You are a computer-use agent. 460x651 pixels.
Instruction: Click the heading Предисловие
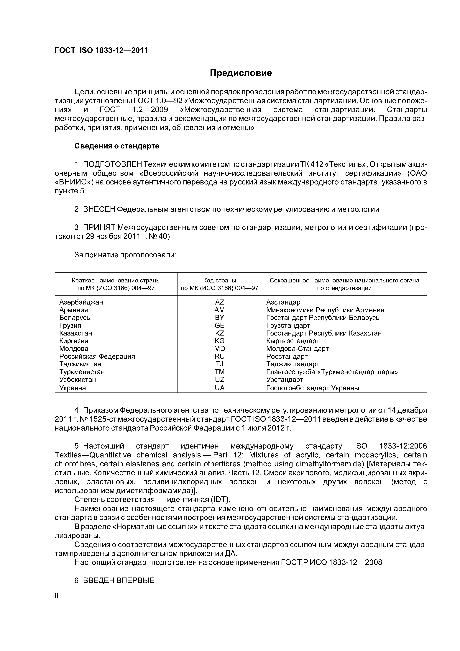(241, 73)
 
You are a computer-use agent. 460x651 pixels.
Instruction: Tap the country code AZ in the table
(219, 302)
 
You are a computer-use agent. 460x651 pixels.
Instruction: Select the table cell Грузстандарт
(288, 325)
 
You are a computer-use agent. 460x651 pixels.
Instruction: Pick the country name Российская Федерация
(97, 356)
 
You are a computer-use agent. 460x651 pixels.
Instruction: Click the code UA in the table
(219, 388)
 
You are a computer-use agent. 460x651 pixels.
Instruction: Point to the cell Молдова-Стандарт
(297, 349)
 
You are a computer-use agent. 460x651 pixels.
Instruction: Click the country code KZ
(219, 333)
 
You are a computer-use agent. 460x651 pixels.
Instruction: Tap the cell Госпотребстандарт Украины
(313, 388)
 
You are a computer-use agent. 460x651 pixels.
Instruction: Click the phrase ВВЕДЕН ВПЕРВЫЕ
(119, 580)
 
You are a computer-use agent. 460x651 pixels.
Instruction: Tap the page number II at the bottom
(56, 596)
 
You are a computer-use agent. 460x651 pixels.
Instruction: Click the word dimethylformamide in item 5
(328, 464)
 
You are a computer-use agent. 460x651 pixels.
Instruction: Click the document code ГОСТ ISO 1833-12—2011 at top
(101, 51)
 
